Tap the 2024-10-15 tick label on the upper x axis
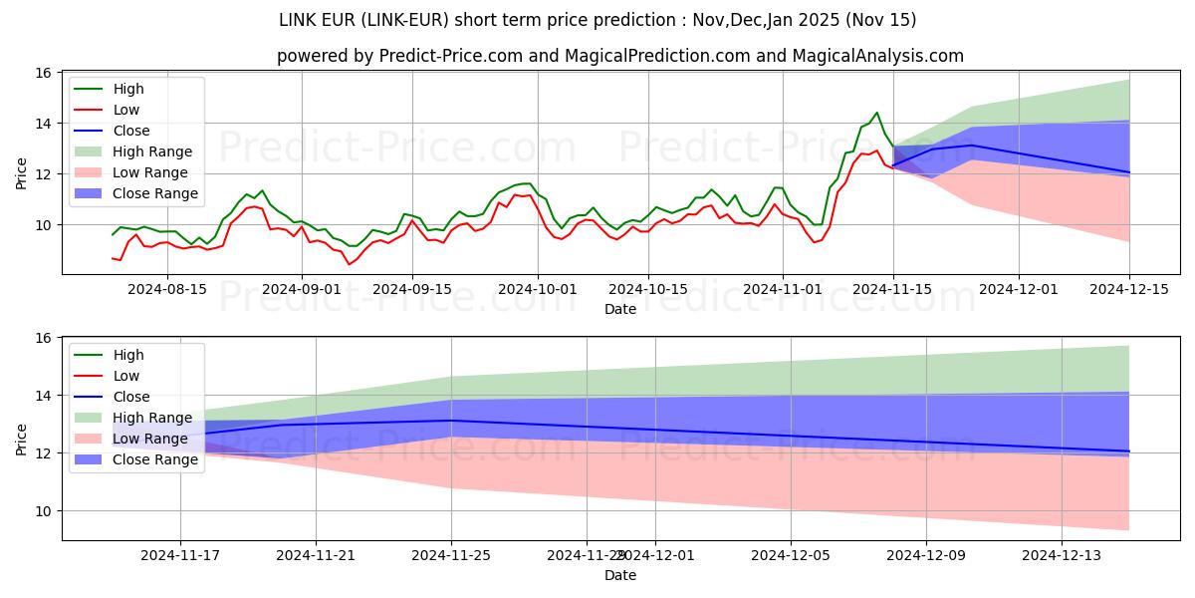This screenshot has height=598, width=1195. point(648,289)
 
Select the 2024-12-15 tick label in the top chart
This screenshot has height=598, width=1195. point(1129,289)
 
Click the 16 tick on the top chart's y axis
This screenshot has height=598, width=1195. point(43,73)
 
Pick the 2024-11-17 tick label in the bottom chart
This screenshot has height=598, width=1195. point(180,555)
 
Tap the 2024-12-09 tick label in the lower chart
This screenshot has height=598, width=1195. point(926,555)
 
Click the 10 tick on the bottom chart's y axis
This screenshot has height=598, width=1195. point(43,511)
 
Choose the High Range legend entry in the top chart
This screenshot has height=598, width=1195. point(152,151)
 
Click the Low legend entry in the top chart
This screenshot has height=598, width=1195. point(126,110)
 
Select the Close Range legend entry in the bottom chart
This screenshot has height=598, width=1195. point(155,459)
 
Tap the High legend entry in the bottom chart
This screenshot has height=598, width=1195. point(128,355)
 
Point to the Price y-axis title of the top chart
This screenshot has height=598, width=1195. point(22,173)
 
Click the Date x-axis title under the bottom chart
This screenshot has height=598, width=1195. point(619,575)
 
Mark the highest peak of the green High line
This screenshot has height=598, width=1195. point(876,113)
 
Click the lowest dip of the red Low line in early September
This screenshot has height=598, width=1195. point(349,264)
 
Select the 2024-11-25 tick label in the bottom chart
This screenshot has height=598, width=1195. point(451,555)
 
